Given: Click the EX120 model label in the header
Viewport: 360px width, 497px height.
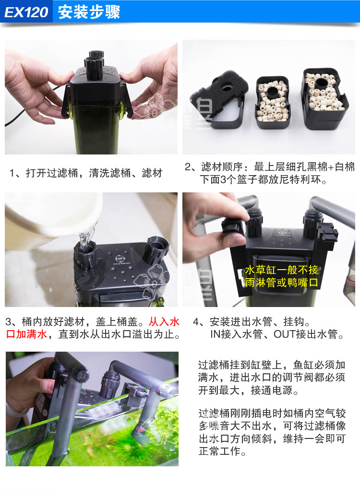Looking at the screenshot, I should (26, 12).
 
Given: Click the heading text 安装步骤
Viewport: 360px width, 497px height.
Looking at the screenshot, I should (89, 12).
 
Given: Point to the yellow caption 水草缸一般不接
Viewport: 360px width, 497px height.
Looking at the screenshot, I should (281, 270).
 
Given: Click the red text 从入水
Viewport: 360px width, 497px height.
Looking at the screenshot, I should (164, 321).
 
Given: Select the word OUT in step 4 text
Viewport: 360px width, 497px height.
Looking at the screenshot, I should (286, 334).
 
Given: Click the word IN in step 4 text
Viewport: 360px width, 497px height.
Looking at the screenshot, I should (215, 334).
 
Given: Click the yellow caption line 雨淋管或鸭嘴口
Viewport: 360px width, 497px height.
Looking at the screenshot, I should (281, 283).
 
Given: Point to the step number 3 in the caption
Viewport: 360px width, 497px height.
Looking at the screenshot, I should (8, 321).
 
